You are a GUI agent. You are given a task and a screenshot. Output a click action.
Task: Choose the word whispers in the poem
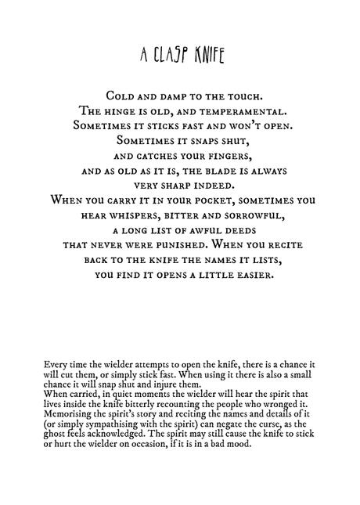click(128, 214)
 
